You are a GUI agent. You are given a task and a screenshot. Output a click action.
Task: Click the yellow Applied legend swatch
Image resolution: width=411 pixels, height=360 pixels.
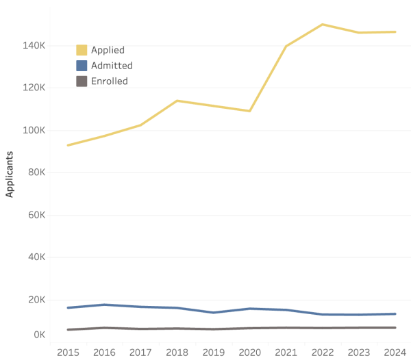[82, 50]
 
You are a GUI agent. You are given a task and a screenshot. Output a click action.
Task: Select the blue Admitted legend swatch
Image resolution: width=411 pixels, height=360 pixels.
[82, 66]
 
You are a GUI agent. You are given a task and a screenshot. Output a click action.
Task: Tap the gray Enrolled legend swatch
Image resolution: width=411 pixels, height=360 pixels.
[82, 81]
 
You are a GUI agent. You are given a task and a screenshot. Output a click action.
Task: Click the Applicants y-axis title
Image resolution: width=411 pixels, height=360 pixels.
[10, 175]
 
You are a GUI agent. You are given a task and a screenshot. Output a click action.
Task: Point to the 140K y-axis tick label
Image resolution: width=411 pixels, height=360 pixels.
[34, 45]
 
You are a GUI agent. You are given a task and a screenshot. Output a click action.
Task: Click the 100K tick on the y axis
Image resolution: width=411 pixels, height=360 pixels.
[34, 130]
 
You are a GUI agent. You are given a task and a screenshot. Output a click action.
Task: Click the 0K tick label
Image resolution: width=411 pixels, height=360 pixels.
[38, 335]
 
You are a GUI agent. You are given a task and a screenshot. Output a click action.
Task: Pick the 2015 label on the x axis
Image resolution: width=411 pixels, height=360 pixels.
[67, 352]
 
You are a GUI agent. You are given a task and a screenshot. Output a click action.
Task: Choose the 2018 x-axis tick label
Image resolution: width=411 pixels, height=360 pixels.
[177, 352]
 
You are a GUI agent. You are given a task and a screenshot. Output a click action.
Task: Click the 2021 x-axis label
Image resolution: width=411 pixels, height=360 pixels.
[286, 352]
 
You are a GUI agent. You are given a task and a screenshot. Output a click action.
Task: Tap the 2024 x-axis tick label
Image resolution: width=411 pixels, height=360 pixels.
[395, 352]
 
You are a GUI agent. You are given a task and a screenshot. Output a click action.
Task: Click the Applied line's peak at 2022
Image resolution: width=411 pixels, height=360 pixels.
[322, 25]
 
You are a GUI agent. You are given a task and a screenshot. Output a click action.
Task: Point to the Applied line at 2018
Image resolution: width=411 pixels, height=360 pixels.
[177, 101]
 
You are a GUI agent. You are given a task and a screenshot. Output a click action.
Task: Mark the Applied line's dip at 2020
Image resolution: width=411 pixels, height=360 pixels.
[249, 111]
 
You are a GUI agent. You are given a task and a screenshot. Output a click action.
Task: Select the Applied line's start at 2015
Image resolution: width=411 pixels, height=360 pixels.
[67, 145]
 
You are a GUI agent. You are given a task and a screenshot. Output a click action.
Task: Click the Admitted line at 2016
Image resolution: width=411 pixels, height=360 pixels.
[104, 305]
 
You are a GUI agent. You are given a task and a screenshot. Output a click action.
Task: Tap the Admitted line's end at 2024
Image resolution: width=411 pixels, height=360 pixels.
[395, 314]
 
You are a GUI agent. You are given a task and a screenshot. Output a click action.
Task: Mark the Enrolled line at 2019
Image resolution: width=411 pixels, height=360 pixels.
[213, 329]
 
